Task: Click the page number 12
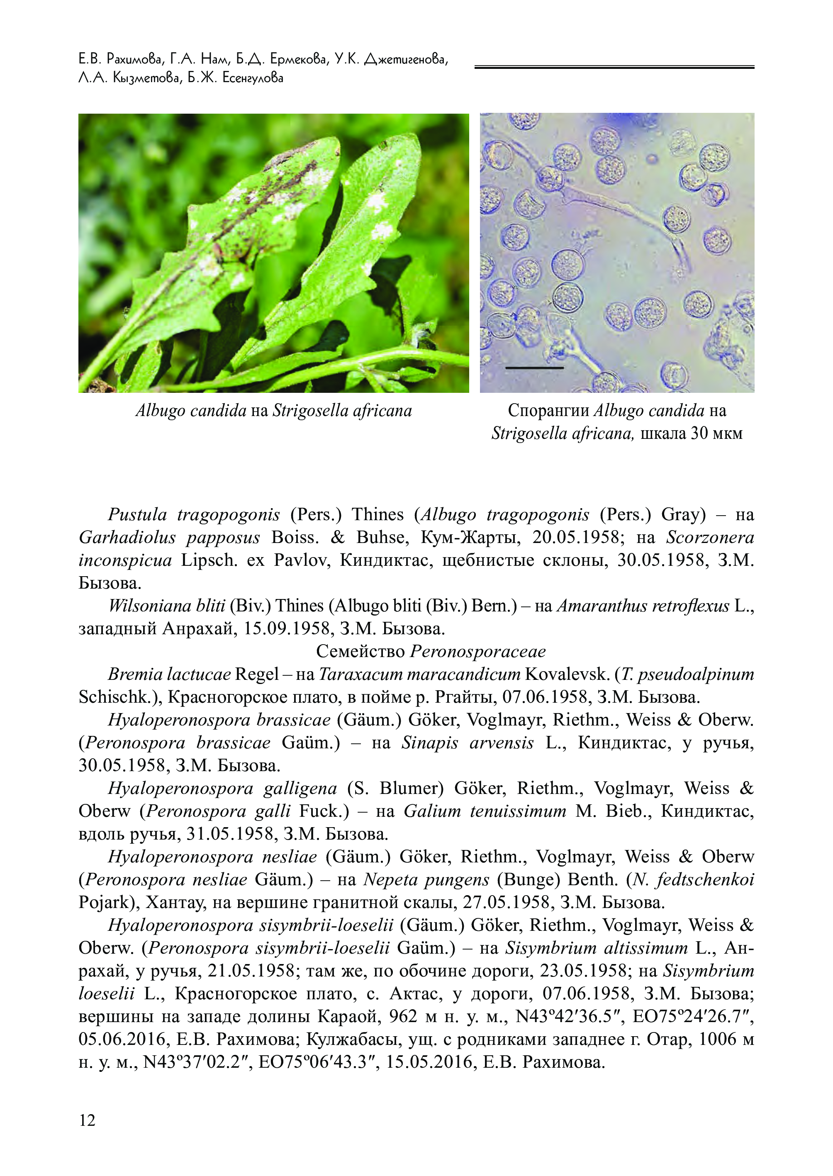(87, 1120)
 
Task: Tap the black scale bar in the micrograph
(534, 368)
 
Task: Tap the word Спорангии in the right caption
(548, 410)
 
